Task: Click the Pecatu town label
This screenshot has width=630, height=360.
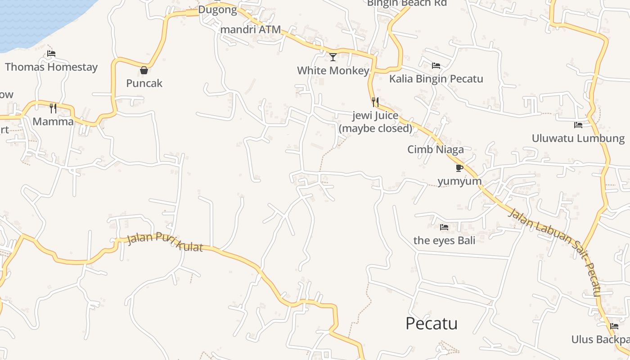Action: tap(431, 324)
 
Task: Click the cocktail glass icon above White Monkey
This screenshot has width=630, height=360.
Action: tap(333, 57)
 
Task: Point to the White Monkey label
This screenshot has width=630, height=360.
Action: tap(333, 71)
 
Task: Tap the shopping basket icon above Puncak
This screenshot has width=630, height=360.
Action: tap(144, 70)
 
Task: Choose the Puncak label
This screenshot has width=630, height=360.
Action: tap(144, 83)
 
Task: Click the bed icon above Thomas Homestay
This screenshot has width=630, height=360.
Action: tap(51, 54)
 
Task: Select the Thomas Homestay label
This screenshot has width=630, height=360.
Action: tap(51, 67)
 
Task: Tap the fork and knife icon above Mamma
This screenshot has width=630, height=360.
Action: tap(53, 108)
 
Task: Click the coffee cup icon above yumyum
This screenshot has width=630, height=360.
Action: tap(459, 168)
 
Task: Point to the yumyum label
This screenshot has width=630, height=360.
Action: tap(459, 181)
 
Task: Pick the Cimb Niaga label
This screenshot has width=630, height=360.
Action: tap(435, 149)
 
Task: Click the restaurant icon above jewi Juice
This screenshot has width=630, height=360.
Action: tap(375, 102)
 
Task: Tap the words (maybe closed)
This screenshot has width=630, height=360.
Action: tap(375, 128)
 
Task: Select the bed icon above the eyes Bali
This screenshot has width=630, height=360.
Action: tap(444, 227)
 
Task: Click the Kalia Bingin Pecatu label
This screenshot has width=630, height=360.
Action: tap(436, 79)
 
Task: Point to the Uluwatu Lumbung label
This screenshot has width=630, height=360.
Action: tap(578, 138)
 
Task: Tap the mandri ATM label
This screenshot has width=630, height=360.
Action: tap(250, 30)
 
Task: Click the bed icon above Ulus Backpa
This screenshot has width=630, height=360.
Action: tap(614, 326)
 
